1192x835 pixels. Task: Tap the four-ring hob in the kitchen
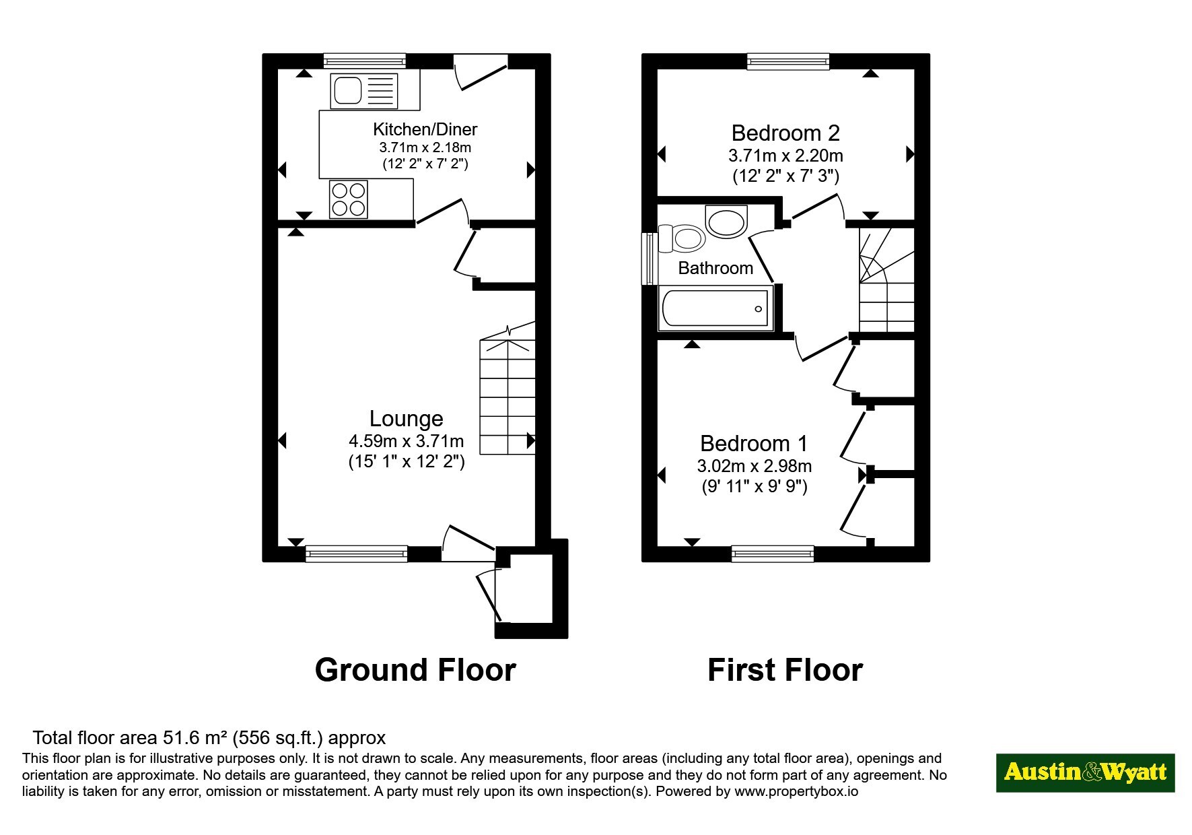[x=349, y=199]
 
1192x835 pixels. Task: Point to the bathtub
[x=715, y=309]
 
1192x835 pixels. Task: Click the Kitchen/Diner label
[x=425, y=129]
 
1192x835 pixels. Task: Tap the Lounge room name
[x=407, y=419]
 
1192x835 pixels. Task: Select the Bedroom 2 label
[x=785, y=133]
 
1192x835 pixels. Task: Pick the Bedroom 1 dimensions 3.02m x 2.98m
[x=754, y=466]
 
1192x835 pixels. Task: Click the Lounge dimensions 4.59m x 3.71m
[x=407, y=442]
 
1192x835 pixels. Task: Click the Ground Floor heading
[x=415, y=670]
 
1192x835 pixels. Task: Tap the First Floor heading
[x=785, y=670]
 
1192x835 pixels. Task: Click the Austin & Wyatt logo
[x=1085, y=772]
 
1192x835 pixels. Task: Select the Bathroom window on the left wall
[x=649, y=259]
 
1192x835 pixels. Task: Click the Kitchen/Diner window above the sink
[x=365, y=61]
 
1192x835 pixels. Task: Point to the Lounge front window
[x=357, y=554]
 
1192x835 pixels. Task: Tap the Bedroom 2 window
[x=788, y=61]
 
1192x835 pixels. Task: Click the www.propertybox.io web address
[x=796, y=791]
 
